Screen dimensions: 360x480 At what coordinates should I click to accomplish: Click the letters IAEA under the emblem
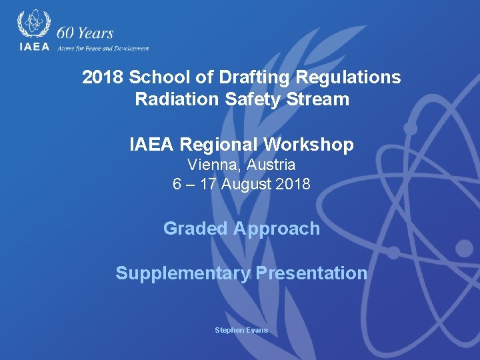tap(33, 47)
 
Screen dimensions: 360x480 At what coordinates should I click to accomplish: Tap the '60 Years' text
tap(85, 33)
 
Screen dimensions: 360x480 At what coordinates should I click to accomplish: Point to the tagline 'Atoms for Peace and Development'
tap(103, 48)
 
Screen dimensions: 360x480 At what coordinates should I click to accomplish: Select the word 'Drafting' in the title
tap(251, 77)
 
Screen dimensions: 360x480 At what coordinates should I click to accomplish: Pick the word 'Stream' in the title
tap(323, 100)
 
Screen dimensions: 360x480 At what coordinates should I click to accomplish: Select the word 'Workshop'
tap(309, 145)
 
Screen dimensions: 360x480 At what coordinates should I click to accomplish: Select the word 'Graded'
tap(196, 229)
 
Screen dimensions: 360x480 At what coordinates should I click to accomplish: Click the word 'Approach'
tap(277, 229)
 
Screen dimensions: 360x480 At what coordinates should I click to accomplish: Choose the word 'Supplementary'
tap(183, 273)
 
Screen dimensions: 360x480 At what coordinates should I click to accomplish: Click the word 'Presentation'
tap(311, 273)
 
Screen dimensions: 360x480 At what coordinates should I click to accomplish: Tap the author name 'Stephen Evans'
tap(241, 330)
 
